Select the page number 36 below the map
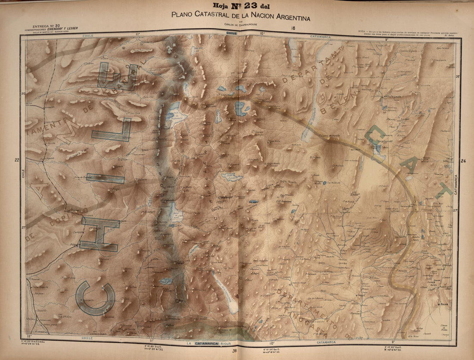(x=234, y=351)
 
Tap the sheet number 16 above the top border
(x=293, y=28)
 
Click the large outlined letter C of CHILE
(x=95, y=298)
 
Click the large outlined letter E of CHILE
(x=116, y=77)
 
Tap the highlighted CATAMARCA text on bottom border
(x=206, y=343)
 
